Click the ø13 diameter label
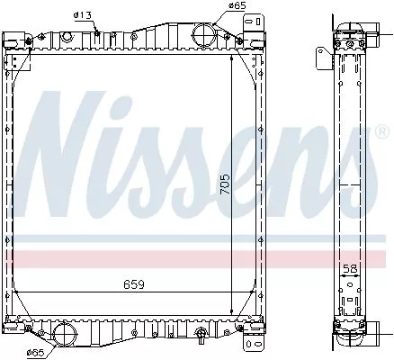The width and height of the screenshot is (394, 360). (x=82, y=13)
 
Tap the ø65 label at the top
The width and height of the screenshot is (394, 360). (x=237, y=5)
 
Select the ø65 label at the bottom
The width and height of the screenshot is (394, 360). (x=36, y=352)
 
